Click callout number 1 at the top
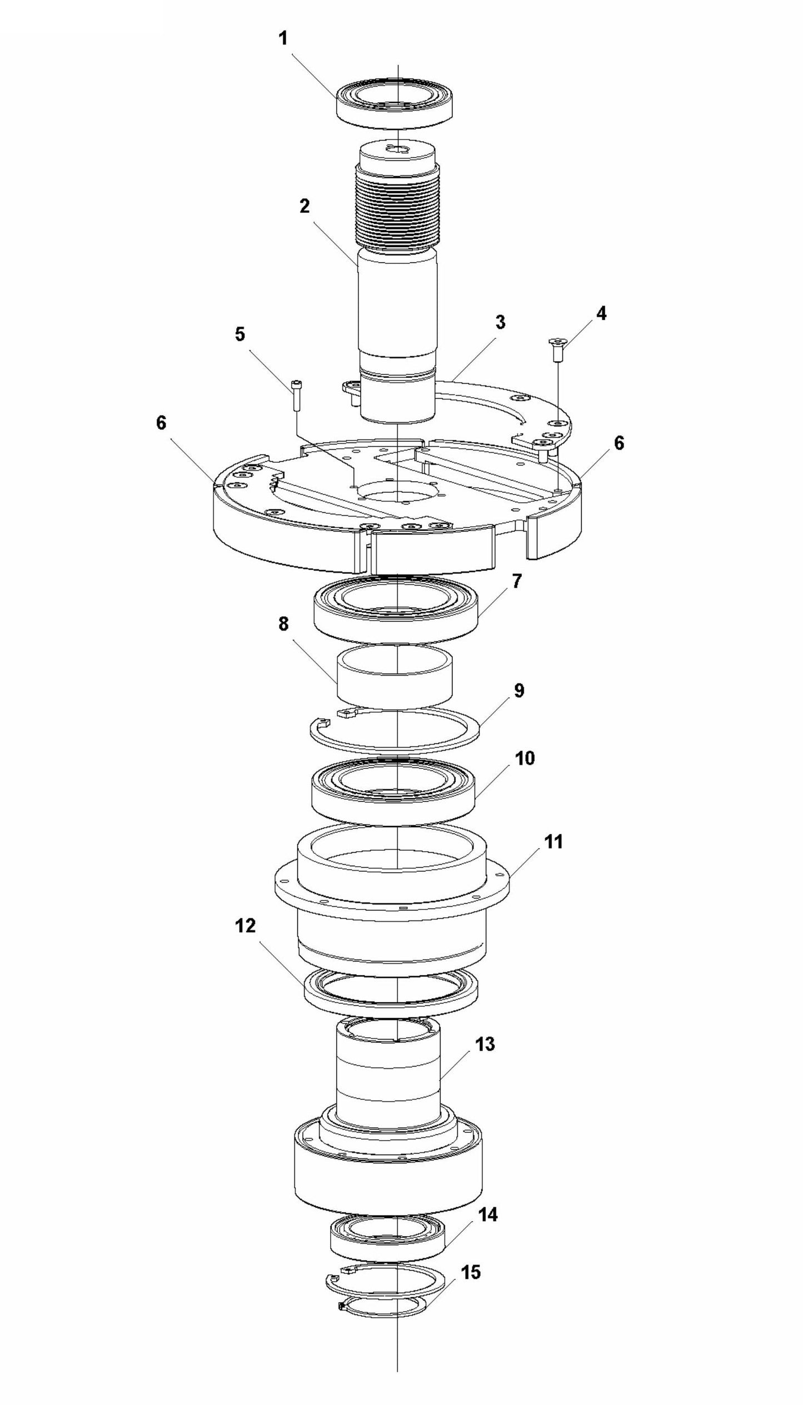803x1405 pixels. (283, 39)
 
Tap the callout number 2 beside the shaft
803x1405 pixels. (304, 206)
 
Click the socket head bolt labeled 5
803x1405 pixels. (297, 394)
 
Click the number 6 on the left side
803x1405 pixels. (161, 423)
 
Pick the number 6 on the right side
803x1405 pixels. (619, 443)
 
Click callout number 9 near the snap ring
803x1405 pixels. (518, 691)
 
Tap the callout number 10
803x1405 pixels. (525, 758)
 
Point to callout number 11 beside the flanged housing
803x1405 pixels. (553, 842)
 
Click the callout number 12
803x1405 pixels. (245, 926)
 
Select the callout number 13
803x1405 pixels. (485, 1044)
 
